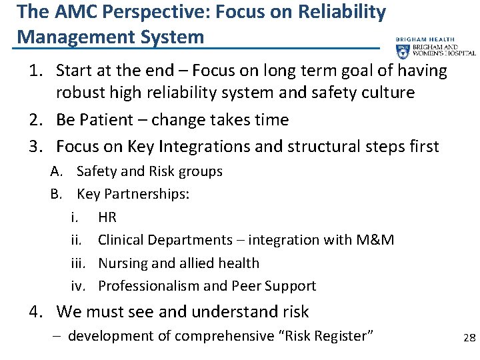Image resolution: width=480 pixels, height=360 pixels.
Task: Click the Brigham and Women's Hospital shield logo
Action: (403, 52)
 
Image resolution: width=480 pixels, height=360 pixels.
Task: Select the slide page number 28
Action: (469, 338)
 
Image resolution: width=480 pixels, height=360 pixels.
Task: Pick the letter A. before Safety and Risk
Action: (57, 171)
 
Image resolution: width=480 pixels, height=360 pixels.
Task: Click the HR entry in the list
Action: (107, 217)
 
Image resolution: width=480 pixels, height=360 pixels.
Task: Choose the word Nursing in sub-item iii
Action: (123, 263)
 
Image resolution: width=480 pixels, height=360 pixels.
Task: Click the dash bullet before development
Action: (58, 336)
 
